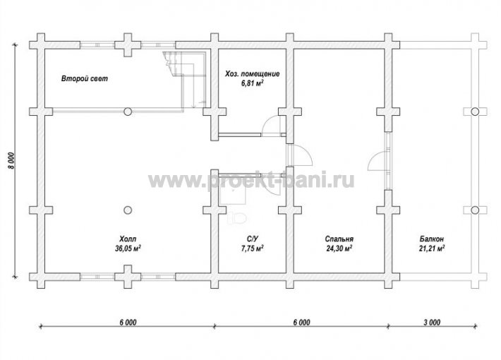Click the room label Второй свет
[85, 78]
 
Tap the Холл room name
[128, 239]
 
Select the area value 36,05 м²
[128, 248]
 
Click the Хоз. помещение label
[253, 74]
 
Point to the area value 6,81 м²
[253, 83]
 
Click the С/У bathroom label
[253, 239]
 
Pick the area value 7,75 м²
[253, 248]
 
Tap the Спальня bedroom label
[339, 239]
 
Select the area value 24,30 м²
[339, 248]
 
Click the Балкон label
[432, 239]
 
